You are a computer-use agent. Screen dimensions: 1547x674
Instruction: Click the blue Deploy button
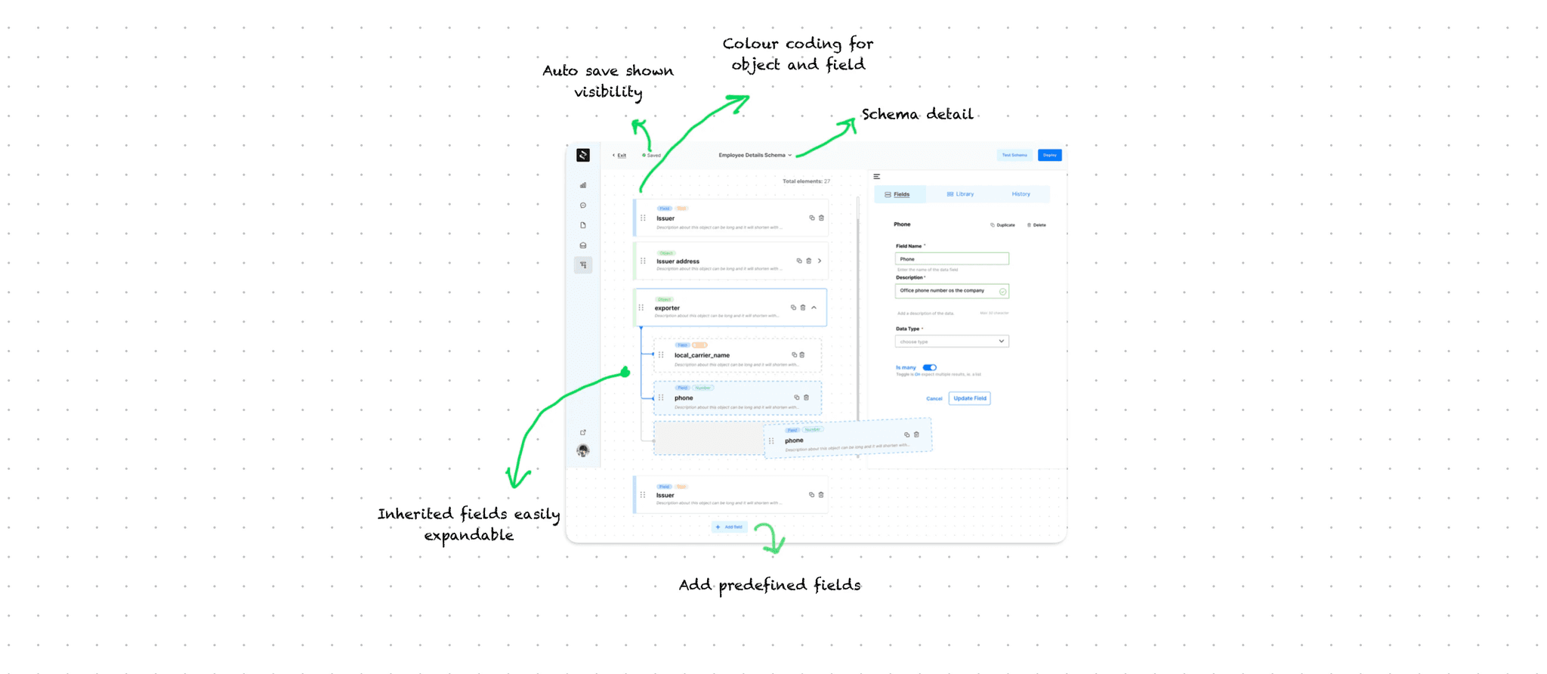(x=1049, y=155)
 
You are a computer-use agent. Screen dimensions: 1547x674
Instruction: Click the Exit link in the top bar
(x=620, y=156)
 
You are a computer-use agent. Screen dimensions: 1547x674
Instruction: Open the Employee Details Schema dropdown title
(x=755, y=155)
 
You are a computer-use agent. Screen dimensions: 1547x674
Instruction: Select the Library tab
(x=960, y=194)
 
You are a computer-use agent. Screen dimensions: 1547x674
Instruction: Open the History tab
(x=1021, y=194)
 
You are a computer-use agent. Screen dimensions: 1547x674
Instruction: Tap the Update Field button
(x=969, y=398)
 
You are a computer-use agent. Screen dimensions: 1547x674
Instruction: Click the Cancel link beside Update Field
(x=934, y=399)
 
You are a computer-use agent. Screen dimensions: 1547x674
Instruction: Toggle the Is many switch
(x=929, y=367)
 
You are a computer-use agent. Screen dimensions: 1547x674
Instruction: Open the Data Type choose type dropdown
(x=952, y=342)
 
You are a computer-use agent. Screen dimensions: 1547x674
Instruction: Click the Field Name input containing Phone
(x=952, y=259)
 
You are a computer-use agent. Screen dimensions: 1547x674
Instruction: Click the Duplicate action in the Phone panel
(x=1003, y=225)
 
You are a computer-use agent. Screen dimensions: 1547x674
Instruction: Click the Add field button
(x=729, y=527)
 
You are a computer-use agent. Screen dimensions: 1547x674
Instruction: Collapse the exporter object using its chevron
(x=814, y=308)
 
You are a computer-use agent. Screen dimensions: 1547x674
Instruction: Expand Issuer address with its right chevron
(x=820, y=261)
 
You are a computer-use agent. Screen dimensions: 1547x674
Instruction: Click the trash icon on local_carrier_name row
(x=802, y=354)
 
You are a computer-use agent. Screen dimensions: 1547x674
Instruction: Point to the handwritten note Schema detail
(x=917, y=115)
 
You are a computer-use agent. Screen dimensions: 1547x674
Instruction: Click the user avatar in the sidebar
(x=583, y=451)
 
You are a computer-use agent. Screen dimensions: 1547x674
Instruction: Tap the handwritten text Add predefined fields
(x=769, y=585)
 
